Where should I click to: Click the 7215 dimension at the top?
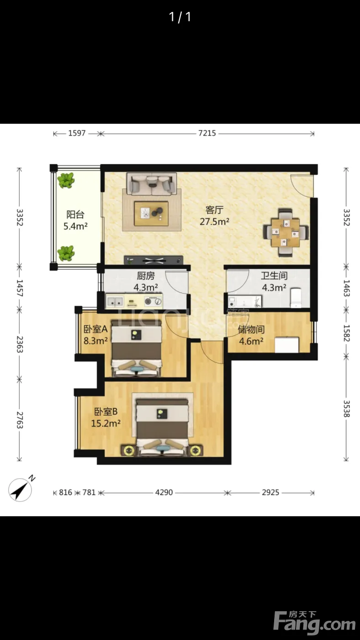click(x=207, y=133)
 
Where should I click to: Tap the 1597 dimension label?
click(x=77, y=133)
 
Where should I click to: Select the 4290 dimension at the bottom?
click(x=164, y=492)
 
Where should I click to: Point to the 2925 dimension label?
click(x=270, y=492)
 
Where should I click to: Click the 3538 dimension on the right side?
click(x=346, y=409)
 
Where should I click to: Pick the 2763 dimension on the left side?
click(x=19, y=420)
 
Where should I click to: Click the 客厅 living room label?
click(x=214, y=210)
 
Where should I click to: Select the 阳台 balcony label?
click(x=75, y=214)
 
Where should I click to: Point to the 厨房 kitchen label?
click(x=146, y=276)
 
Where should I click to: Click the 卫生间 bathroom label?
click(x=274, y=276)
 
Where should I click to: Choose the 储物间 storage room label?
click(x=251, y=330)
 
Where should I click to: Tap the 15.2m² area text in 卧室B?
click(x=106, y=423)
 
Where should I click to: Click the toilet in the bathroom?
click(x=296, y=298)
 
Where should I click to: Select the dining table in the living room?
click(x=286, y=233)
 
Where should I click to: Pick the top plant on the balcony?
click(x=66, y=180)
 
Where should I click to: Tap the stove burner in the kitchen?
click(x=148, y=301)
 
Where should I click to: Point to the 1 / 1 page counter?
click(x=180, y=17)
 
